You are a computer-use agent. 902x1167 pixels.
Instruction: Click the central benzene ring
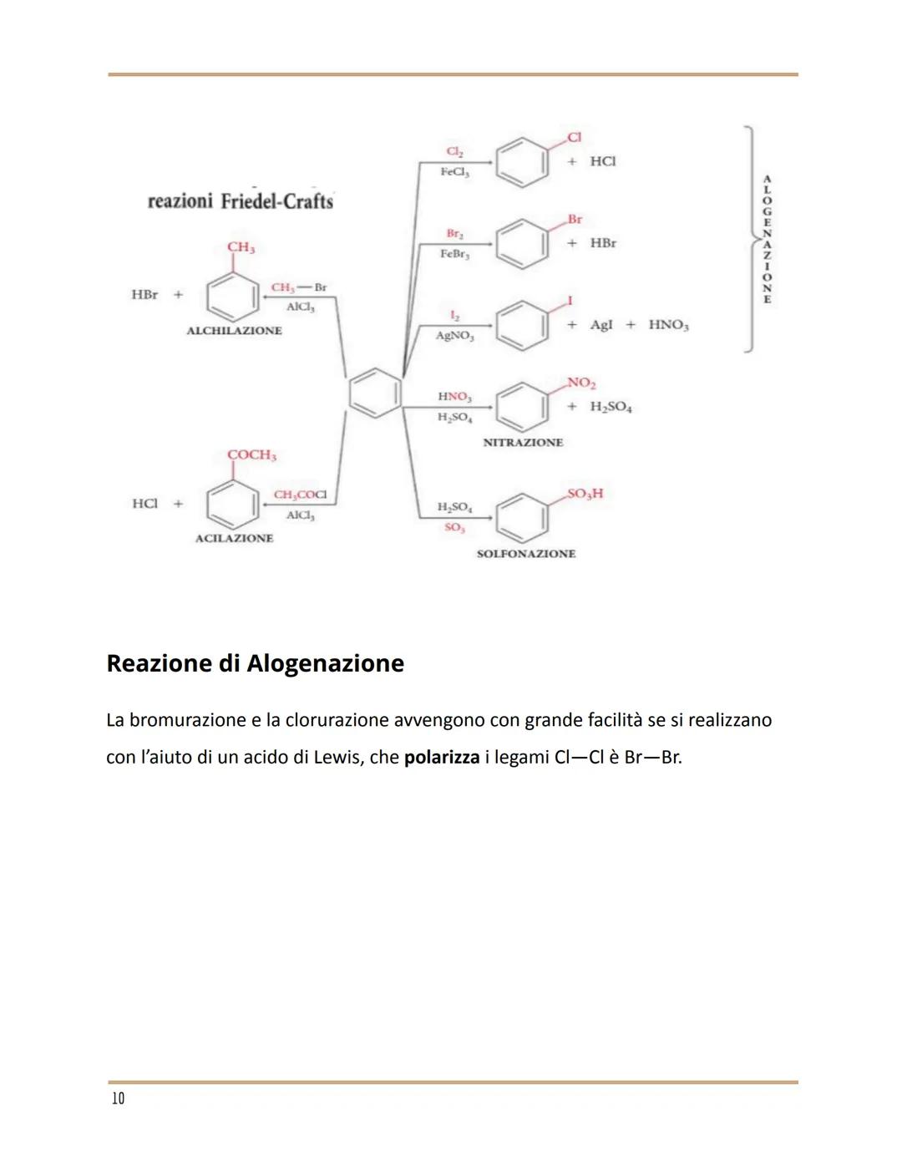click(375, 393)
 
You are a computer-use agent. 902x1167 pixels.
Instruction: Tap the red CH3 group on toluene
click(241, 247)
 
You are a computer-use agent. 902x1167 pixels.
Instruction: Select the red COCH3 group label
click(251, 454)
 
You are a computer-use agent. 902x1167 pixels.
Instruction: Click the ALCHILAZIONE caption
click(234, 331)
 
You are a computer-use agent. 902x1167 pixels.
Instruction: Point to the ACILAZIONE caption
click(234, 538)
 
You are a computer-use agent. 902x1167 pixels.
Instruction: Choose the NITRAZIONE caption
click(523, 442)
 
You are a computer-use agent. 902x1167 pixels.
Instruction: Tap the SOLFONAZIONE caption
click(526, 553)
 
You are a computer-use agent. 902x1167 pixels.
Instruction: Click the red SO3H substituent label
click(585, 493)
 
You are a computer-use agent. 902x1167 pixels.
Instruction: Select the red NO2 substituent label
click(581, 383)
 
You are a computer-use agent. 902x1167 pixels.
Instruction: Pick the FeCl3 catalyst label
click(455, 172)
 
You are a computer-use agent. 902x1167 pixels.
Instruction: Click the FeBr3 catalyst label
click(455, 254)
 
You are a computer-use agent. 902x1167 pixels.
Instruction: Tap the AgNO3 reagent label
click(455, 336)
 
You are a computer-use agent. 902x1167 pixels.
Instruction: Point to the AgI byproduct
click(601, 324)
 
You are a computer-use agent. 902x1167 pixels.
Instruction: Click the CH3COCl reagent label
click(300, 495)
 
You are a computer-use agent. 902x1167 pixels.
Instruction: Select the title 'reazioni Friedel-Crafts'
click(241, 201)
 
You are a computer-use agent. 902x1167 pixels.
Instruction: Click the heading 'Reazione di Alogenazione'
click(256, 663)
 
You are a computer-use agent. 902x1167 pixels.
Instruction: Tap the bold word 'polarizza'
click(442, 758)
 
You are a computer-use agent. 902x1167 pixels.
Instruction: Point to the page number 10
click(118, 1098)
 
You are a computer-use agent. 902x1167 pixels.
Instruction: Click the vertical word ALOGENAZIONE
click(767, 239)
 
